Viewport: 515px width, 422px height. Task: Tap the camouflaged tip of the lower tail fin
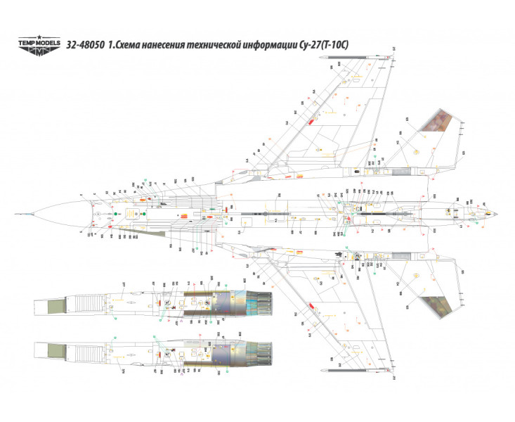(436, 304)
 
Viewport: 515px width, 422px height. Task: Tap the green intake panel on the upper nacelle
(53, 304)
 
